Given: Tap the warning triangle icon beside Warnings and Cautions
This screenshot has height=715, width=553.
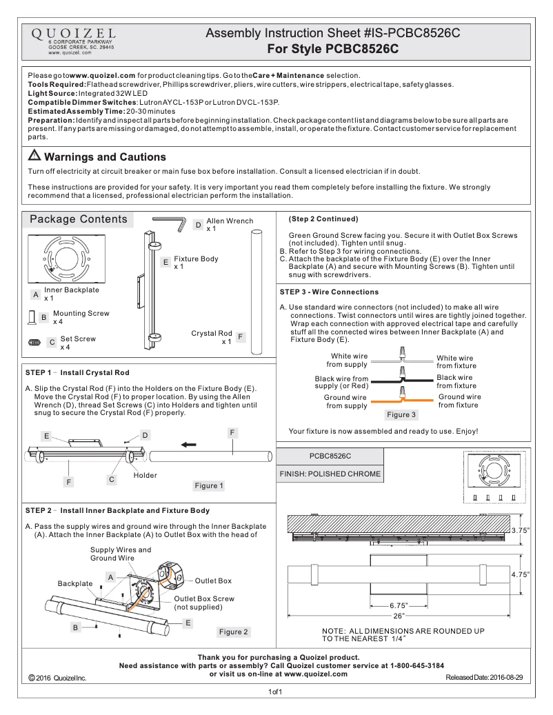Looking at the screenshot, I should [x=34, y=157].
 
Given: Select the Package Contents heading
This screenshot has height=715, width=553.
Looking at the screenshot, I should [x=78, y=219].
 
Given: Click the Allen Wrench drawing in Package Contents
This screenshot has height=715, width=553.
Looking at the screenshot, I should [x=170, y=221].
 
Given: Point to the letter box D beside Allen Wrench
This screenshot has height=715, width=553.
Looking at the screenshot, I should [x=198, y=225].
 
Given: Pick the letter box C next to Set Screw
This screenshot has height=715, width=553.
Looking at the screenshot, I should [x=52, y=342].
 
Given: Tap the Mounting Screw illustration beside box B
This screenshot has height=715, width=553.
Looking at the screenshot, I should [x=30, y=317].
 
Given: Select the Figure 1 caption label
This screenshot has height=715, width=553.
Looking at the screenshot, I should [x=210, y=486].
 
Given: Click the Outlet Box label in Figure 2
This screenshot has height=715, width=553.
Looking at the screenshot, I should [x=214, y=581].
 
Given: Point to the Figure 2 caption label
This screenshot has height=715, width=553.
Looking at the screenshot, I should [x=234, y=632].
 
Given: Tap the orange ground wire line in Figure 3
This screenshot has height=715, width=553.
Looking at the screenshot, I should [x=400, y=401].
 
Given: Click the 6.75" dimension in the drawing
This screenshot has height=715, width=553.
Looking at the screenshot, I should [x=399, y=605].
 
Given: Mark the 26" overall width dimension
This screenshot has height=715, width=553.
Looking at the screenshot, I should [x=399, y=615].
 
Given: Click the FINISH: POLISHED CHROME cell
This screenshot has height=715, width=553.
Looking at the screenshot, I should [x=330, y=474].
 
